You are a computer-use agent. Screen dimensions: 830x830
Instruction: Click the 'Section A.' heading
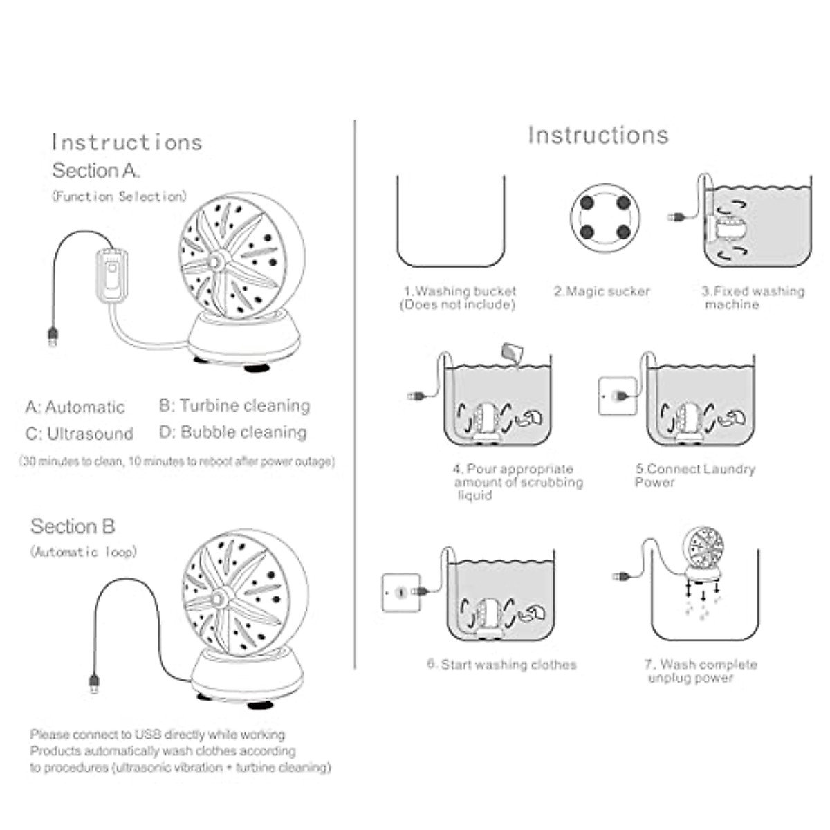click(x=96, y=171)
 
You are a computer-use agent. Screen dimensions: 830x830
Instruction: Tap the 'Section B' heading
click(x=73, y=526)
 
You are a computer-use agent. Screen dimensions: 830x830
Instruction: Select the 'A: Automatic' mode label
click(x=75, y=407)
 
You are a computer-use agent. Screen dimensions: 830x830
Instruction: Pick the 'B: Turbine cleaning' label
click(x=234, y=405)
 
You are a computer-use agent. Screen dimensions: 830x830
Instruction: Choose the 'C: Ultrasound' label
click(x=80, y=434)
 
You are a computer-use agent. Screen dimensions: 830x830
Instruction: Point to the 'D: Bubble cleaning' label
click(x=233, y=432)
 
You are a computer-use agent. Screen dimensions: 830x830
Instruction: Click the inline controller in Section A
click(x=111, y=275)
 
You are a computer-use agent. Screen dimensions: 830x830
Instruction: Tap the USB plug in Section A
click(x=53, y=336)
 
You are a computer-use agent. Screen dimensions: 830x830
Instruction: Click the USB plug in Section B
click(x=94, y=683)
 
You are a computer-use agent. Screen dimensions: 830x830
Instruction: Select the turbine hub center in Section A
click(x=216, y=259)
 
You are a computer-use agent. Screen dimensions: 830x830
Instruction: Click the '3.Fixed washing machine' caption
click(x=753, y=297)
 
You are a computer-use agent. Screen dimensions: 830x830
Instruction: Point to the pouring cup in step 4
click(x=512, y=351)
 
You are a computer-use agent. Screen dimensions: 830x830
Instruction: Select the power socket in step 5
click(x=617, y=396)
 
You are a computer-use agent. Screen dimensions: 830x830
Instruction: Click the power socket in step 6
click(x=401, y=593)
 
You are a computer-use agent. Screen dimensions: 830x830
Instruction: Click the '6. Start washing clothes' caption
click(x=501, y=665)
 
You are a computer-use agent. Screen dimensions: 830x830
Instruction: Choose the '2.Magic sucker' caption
click(x=602, y=291)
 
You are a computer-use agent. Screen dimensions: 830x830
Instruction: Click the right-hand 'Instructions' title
click(x=598, y=135)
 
